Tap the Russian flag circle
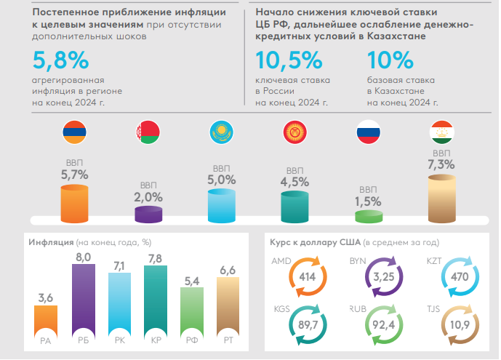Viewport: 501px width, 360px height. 367,132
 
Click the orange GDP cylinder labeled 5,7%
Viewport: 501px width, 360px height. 75,203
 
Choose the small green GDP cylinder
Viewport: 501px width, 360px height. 368,216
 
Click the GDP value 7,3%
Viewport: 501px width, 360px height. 442,165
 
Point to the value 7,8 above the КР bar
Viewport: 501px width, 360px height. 155,259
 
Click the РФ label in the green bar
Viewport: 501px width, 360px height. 191,338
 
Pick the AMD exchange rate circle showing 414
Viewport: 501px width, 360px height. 307,277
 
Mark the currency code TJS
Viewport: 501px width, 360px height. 433,308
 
